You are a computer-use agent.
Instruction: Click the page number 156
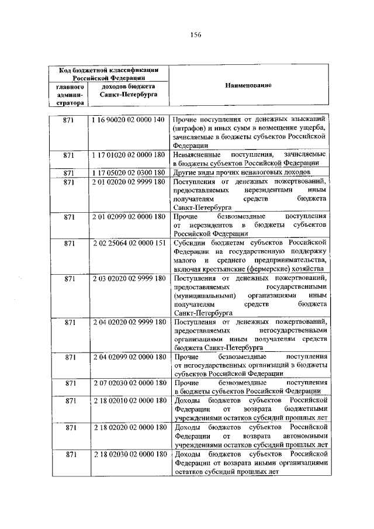point(195,35)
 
